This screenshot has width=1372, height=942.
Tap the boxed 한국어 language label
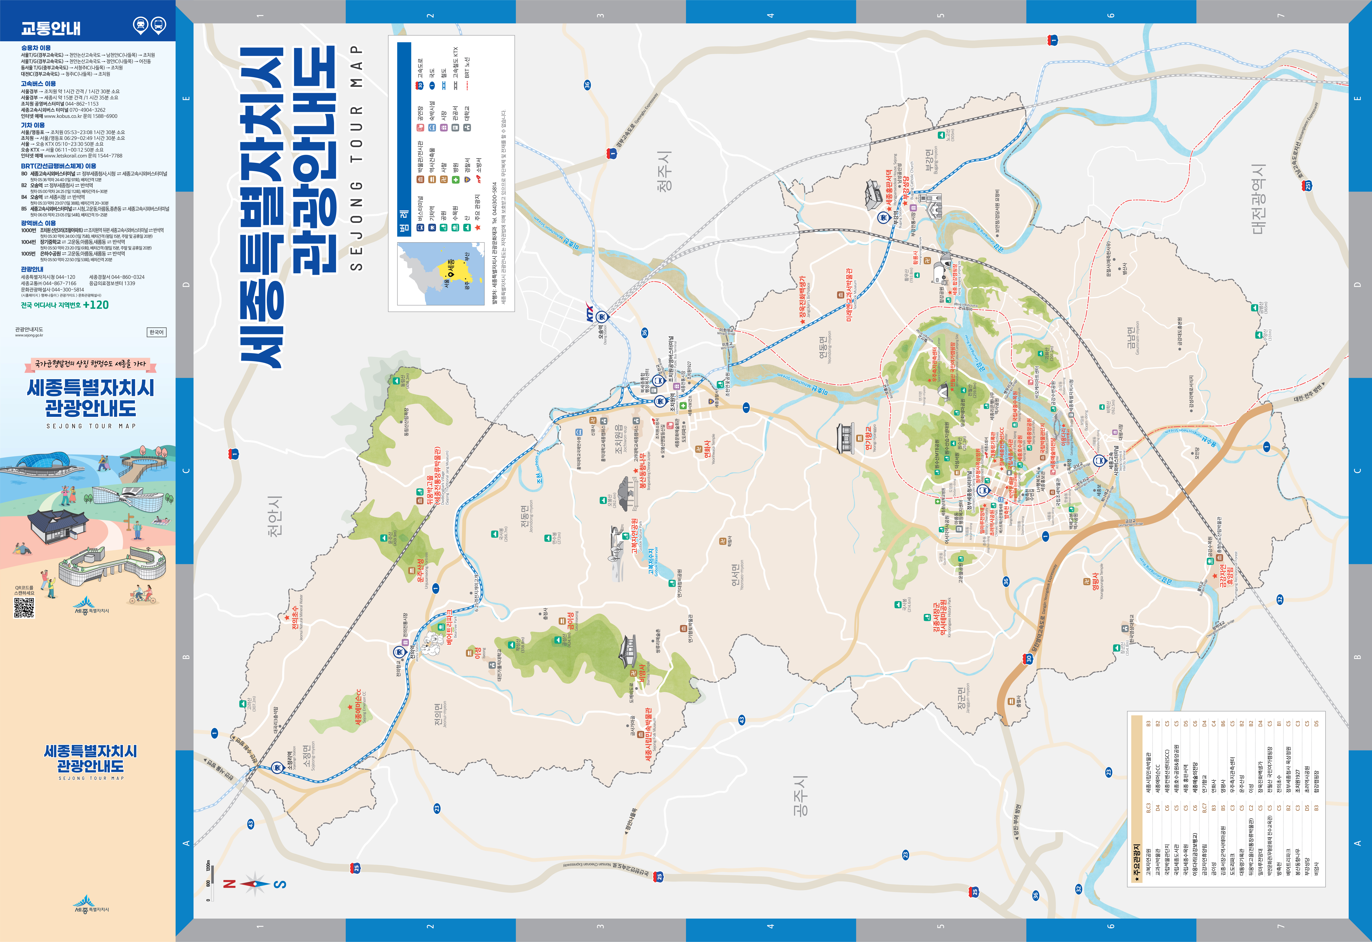click(x=156, y=332)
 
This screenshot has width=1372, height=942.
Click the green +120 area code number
click(x=96, y=305)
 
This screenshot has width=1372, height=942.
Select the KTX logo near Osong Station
click(x=590, y=312)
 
